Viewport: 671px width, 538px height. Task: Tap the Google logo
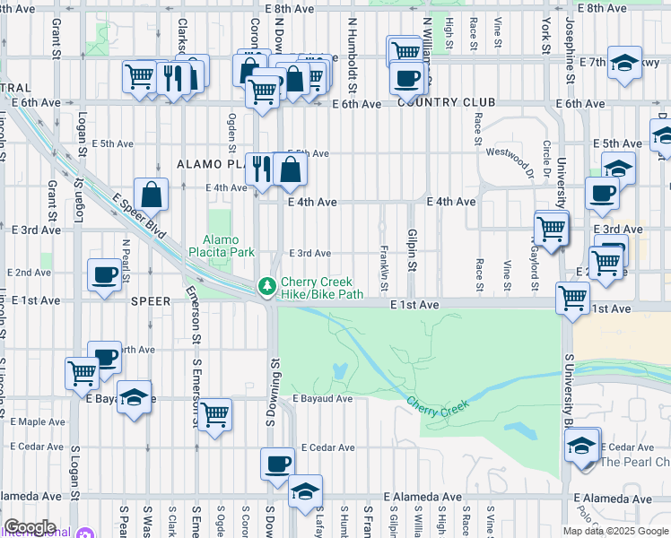29,528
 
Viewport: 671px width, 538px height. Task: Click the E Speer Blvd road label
138,214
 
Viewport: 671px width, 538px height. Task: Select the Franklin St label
384,269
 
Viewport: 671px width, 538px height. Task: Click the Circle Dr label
546,157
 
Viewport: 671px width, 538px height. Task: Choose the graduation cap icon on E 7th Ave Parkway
623,63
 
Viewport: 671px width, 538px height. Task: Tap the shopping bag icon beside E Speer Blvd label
152,194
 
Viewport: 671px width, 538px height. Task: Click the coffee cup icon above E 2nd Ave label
105,274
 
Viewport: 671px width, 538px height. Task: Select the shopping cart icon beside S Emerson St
214,415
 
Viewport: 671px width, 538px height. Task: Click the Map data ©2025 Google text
616,531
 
